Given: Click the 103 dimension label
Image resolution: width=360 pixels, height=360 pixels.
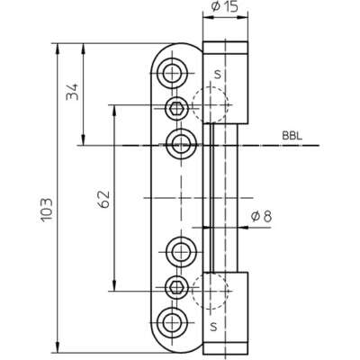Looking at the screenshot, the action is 47,210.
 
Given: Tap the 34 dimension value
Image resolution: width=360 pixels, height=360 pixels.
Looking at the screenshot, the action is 72,92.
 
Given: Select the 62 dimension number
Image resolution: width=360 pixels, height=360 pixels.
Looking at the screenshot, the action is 104,199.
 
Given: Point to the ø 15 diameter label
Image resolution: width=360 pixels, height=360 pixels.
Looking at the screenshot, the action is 224,6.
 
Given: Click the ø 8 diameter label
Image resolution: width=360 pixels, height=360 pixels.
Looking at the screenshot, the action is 261,216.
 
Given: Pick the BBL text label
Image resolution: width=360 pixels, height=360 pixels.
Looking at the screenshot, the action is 292,136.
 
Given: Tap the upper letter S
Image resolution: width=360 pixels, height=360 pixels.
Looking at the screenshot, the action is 218,74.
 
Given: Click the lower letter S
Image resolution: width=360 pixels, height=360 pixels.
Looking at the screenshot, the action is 213,326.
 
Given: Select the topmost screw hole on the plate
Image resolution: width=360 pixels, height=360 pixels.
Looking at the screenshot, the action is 172,73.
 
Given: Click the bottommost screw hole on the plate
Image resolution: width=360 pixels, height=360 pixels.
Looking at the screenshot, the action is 172,323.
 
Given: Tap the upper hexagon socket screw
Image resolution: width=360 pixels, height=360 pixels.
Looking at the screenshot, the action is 176,108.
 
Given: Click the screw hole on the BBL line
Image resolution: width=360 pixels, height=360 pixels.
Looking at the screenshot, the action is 182,145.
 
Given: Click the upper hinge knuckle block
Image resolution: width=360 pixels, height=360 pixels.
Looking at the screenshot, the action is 226,83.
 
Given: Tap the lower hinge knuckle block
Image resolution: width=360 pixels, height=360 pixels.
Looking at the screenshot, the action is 226,313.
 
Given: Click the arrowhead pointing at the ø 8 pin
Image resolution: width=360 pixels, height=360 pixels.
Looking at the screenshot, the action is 244,228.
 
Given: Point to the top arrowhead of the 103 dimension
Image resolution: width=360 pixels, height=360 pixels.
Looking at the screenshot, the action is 57,49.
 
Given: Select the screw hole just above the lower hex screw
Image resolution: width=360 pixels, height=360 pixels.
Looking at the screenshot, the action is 182,251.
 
